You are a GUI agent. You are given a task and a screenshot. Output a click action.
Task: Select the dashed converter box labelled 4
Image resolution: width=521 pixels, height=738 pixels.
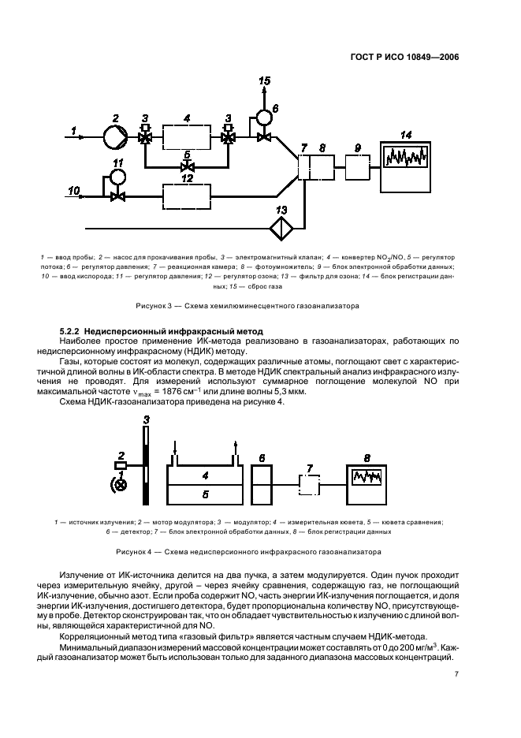coord(187,136)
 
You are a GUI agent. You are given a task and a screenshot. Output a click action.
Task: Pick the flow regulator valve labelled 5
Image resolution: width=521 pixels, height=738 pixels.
coord(187,167)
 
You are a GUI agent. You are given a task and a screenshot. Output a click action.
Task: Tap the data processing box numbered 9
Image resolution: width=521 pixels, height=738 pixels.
coord(357,167)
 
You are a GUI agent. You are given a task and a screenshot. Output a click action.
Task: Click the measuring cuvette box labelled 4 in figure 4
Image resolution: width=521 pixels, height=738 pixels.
coord(205,475)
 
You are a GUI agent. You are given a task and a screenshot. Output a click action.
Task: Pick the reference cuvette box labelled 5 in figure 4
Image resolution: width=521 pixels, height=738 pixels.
coord(205,494)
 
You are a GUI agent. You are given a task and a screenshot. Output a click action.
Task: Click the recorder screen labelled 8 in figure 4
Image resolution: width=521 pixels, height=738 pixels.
coord(367,479)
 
